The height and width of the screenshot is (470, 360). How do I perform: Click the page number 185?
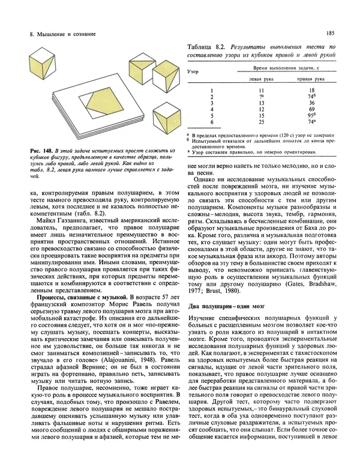click(x=330, y=34)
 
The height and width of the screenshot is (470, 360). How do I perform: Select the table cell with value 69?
click(x=311, y=109)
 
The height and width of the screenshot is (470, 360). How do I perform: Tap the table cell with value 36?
click(x=311, y=102)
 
